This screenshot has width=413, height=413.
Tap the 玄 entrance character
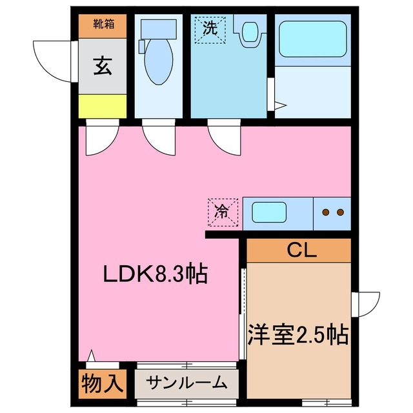(x=101, y=66)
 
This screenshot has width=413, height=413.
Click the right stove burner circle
(x=341, y=212)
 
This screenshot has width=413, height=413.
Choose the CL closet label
(x=298, y=250)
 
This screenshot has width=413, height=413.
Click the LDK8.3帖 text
(x=155, y=275)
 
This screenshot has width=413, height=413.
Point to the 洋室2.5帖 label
(x=298, y=334)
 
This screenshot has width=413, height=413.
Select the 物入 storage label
(x=102, y=383)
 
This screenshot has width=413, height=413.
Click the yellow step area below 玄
(x=101, y=106)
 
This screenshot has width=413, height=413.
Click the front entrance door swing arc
(x=52, y=59)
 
